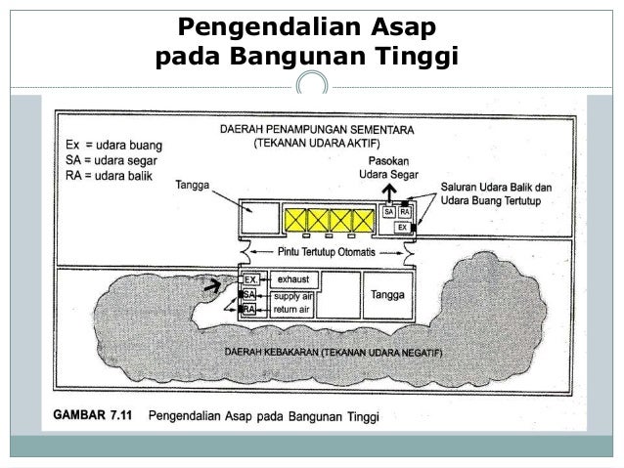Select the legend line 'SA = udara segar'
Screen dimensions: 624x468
click(x=107, y=160)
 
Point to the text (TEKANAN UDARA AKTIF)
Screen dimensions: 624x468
click(x=313, y=144)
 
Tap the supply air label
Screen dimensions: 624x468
click(x=293, y=294)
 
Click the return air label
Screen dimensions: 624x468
click(x=292, y=309)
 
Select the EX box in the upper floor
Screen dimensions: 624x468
click(x=400, y=227)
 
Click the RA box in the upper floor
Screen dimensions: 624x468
click(x=405, y=211)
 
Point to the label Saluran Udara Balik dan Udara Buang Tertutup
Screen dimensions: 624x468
click(x=497, y=193)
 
